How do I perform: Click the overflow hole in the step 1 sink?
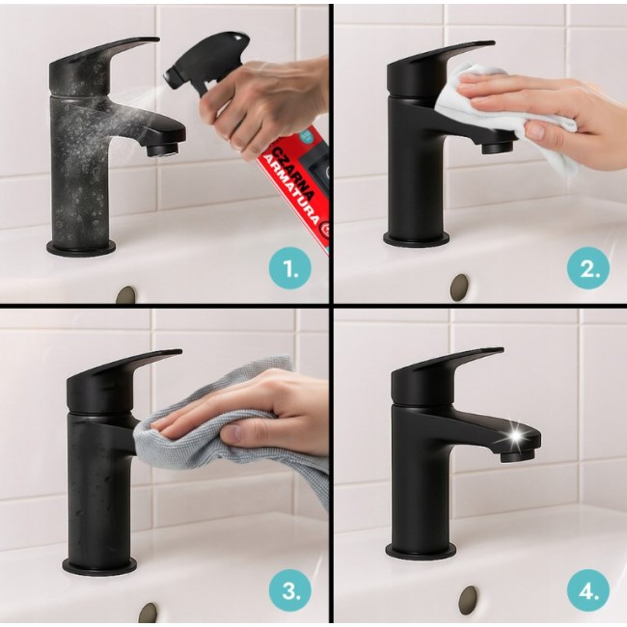click(x=125, y=293)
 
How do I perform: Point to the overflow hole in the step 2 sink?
click(x=459, y=286)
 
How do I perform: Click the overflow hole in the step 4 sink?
click(x=470, y=598)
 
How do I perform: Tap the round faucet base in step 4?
click(x=422, y=551)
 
